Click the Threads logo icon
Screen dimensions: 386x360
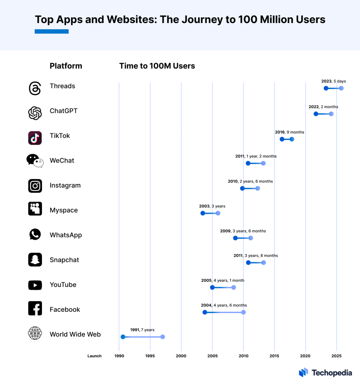tap(35, 88)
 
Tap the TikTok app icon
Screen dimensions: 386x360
tap(35, 138)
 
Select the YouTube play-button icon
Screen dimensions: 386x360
tap(35, 285)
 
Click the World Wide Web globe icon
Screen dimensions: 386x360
tap(35, 333)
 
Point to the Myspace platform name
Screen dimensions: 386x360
tap(63, 210)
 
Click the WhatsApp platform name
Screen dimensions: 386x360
tap(66, 235)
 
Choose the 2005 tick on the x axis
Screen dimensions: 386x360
tap(212, 356)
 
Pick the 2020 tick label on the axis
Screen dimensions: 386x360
tap(305, 356)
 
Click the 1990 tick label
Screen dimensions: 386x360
tap(119, 356)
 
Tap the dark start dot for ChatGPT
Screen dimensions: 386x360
tap(316, 114)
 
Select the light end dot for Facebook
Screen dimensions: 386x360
tap(243, 312)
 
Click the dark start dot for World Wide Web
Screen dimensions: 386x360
tap(123, 337)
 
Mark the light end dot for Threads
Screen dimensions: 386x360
tap(341, 88)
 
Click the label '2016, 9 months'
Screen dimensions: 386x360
tap(289, 132)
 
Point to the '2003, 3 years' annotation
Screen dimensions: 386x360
tap(212, 206)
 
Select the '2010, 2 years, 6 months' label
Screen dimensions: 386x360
tap(250, 181)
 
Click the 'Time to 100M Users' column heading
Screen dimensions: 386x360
tap(157, 66)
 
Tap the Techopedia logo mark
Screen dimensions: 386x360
tap(303, 372)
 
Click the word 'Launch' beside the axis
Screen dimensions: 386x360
tap(94, 356)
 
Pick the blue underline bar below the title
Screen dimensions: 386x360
tap(51, 32)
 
